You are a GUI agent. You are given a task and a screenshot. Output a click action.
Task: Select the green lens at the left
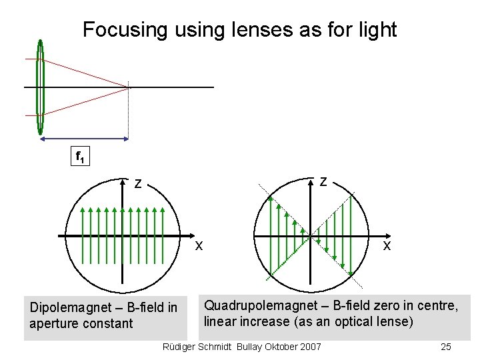[41, 87]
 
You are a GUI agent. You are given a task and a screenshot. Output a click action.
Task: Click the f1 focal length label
[79, 158]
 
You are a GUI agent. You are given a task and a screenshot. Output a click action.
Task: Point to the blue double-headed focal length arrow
[83, 139]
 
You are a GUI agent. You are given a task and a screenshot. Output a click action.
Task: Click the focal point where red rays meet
[129, 87]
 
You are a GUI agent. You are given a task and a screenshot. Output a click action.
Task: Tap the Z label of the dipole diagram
[137, 183]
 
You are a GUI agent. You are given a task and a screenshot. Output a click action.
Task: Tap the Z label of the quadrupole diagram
[323, 181]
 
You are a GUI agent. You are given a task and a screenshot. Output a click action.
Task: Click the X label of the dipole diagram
[199, 245]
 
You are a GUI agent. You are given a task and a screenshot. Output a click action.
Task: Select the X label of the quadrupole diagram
[387, 245]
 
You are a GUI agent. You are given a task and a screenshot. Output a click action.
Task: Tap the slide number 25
[446, 347]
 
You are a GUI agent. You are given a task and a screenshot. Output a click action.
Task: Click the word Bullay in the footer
[248, 347]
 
